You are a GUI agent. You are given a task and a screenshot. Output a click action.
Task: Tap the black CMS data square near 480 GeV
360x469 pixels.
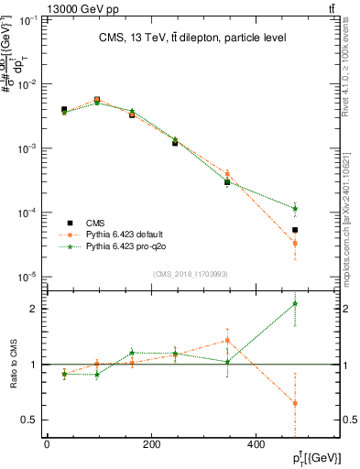pyautogui.click(x=295, y=230)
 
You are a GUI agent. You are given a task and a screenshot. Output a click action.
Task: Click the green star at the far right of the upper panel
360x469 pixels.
pyautogui.click(x=295, y=208)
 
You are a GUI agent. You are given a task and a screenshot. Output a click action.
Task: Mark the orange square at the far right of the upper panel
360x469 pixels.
pyautogui.click(x=295, y=243)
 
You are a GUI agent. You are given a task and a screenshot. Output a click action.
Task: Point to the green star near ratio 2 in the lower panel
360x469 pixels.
pyautogui.click(x=295, y=303)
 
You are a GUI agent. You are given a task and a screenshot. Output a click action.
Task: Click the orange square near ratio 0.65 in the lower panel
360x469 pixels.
pyautogui.click(x=295, y=403)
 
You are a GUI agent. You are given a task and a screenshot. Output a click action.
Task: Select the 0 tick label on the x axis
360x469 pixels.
pyautogui.click(x=47, y=445)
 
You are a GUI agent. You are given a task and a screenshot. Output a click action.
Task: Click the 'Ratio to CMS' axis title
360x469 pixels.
pyautogui.click(x=12, y=365)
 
